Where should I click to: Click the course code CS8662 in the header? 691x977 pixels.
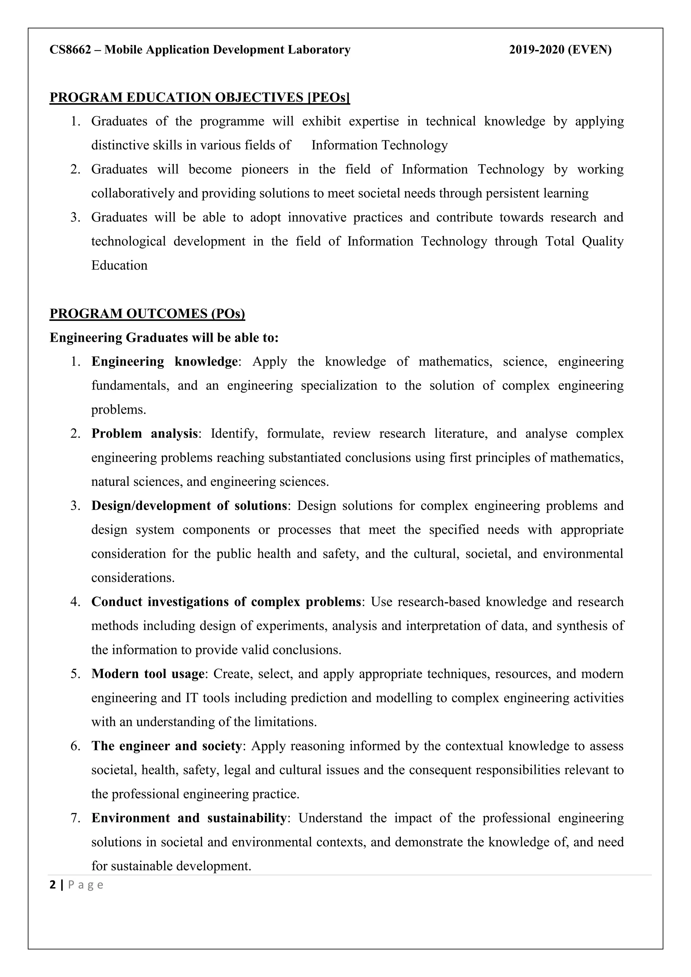coord(70,50)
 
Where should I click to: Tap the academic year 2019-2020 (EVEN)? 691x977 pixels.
coord(560,50)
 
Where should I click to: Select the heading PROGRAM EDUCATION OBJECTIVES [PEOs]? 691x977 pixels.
coord(199,97)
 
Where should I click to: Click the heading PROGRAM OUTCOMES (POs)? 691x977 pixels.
coord(147,314)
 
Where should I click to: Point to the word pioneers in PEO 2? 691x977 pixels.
coord(265,169)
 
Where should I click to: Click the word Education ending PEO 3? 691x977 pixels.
coord(119,266)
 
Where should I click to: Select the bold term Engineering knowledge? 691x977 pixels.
coord(164,362)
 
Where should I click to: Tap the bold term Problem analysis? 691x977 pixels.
coord(145,434)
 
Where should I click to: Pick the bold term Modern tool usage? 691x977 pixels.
coord(148,674)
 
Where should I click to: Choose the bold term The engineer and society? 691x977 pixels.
coord(166,746)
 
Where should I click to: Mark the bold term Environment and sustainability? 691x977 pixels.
coord(189,818)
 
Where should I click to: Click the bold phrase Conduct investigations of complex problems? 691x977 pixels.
coord(226,602)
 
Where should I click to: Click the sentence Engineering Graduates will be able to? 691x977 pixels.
coord(164,338)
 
